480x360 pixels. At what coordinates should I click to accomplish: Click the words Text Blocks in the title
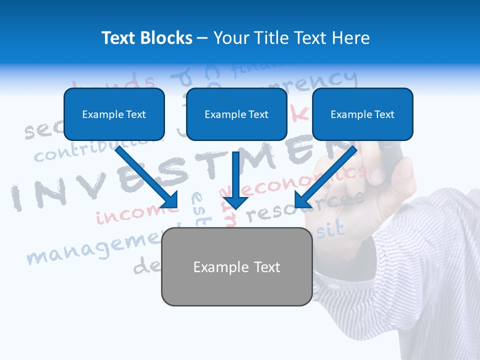[x=146, y=38]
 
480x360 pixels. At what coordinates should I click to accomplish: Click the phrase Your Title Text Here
[x=291, y=38]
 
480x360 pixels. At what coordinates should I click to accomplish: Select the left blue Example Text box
[x=114, y=114]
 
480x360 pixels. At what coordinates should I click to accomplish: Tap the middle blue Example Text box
[x=236, y=114]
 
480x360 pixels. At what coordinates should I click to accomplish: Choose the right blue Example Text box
[x=362, y=114]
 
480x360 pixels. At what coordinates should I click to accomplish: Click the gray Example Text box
[x=236, y=266]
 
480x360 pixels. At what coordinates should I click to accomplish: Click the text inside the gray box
[x=236, y=267]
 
